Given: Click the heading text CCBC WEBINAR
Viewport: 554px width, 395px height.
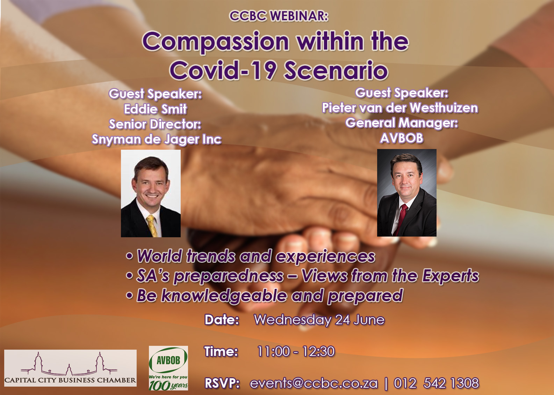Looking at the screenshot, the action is tap(279, 16).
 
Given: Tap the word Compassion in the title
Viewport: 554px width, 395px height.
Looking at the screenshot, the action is tap(216, 42).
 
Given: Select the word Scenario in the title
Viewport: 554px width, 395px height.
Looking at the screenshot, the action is tap(336, 71).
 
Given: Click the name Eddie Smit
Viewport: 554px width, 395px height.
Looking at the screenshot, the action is tap(155, 109).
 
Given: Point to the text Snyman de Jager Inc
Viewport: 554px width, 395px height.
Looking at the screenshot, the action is tap(157, 140).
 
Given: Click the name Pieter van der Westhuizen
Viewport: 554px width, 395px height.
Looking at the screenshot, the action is tap(400, 108).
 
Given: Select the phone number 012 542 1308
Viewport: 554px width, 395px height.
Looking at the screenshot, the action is tap(436, 383).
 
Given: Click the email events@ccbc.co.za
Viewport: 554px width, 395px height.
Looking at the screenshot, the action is tap(314, 383).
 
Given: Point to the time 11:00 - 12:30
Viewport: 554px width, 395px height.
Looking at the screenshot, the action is tap(296, 351).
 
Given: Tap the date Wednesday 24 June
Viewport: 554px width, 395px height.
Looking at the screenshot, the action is tap(319, 320).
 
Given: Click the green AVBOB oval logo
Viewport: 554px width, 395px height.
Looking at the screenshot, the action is tap(168, 361).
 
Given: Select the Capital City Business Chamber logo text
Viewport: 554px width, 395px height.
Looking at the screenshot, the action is tap(70, 380).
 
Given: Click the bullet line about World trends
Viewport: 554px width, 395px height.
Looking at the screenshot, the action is tap(250, 256).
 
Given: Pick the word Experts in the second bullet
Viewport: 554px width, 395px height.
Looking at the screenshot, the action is tap(451, 276).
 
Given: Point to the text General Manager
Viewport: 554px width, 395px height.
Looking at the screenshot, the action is tap(402, 123).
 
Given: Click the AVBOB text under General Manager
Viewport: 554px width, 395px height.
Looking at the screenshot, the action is tap(402, 138).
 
